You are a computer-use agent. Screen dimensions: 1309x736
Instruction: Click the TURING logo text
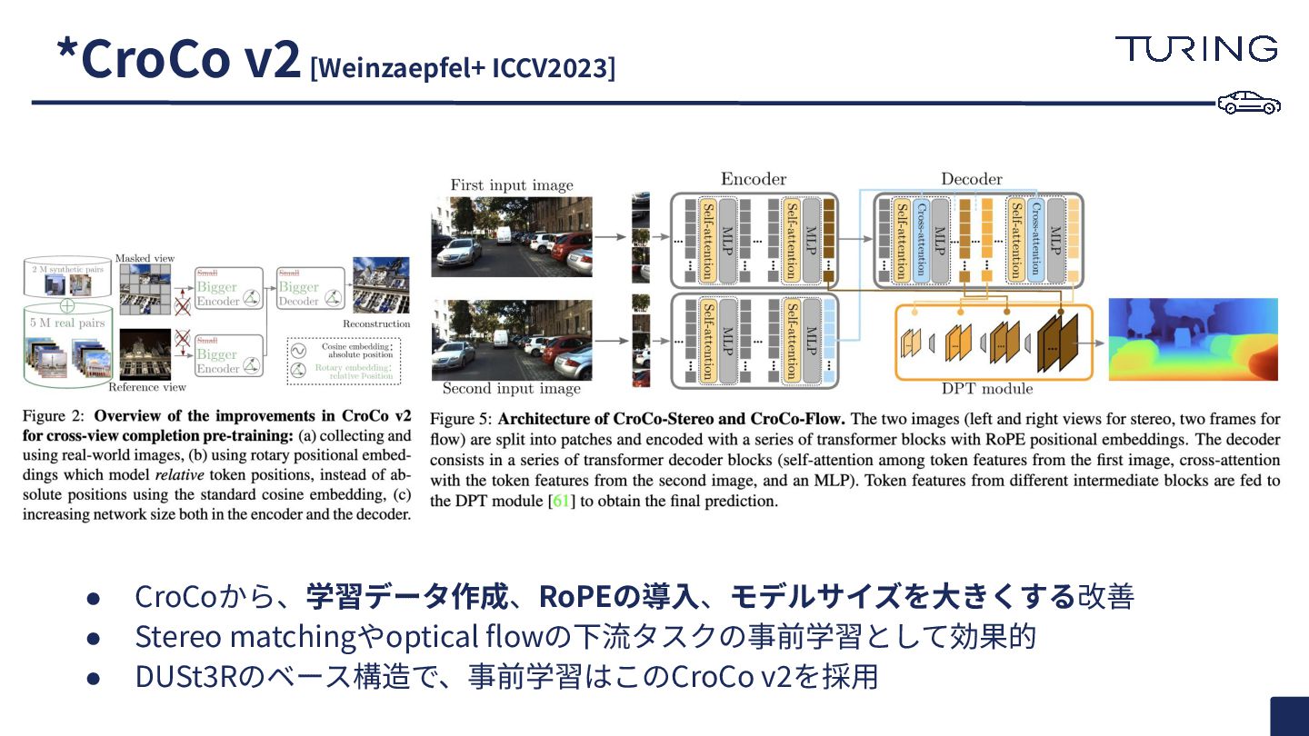tap(1196, 48)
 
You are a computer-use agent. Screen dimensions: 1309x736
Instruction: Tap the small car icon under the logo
tap(1249, 103)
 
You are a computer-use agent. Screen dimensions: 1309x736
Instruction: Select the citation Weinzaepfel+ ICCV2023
tap(463, 67)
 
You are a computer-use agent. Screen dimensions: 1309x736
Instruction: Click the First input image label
tap(512, 185)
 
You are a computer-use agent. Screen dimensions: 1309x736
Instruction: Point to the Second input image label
tap(511, 389)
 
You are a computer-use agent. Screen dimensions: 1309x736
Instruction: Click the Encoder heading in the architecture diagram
tap(753, 179)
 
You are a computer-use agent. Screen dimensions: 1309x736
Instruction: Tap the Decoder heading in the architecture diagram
tap(971, 179)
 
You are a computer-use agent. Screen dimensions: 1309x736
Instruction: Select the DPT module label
tap(987, 389)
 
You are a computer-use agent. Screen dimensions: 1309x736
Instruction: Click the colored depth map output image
tap(1193, 339)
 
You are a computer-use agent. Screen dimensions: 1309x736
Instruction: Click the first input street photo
tap(512, 236)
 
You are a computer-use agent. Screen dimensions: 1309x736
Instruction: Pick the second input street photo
tap(512, 339)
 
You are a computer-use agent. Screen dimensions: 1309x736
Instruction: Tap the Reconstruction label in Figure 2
tap(376, 323)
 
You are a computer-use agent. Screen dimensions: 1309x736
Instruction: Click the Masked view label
tap(145, 258)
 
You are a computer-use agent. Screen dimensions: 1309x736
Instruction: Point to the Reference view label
tap(147, 387)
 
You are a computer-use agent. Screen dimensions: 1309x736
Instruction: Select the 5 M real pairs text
tap(65, 323)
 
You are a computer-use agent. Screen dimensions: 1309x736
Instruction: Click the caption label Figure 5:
tap(460, 420)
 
